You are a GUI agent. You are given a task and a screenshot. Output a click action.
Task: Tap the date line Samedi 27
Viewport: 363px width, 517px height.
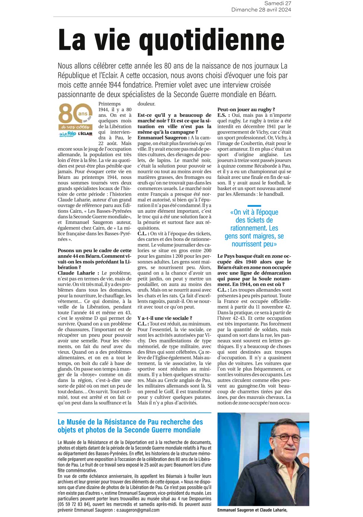tap(278, 3)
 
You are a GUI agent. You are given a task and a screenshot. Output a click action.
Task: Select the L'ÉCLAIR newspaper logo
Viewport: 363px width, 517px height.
tap(85, 134)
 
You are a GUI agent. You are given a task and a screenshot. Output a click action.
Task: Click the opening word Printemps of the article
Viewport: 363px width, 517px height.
tap(110, 104)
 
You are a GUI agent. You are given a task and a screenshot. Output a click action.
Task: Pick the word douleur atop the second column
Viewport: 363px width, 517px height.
tap(146, 104)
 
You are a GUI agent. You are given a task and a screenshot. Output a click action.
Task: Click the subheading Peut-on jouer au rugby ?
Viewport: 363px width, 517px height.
tap(246, 109)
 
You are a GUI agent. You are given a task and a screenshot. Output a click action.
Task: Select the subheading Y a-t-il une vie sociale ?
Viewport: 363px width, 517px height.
tap(165, 318)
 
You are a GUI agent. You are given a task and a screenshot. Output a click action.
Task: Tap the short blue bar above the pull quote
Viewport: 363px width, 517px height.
tap(254, 206)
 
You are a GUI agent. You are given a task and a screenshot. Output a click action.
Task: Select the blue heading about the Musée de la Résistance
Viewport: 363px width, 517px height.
tap(130, 426)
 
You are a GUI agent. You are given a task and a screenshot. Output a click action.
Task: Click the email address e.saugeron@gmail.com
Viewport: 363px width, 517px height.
tap(138, 510)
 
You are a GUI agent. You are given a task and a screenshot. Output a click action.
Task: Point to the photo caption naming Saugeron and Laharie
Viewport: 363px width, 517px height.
tap(252, 510)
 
